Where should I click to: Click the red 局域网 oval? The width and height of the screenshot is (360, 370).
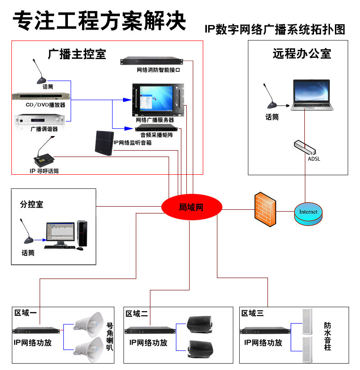pyautogui.click(x=191, y=208)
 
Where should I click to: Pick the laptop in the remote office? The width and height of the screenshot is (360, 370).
pyautogui.click(x=311, y=95)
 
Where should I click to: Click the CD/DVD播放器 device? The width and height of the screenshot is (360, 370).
pyautogui.click(x=41, y=96)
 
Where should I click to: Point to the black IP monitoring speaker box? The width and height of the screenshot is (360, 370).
pyautogui.click(x=103, y=143)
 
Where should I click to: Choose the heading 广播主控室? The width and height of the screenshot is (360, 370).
pyautogui.click(x=77, y=54)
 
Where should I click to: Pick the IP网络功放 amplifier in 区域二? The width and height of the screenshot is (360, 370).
pyautogui.click(x=150, y=330)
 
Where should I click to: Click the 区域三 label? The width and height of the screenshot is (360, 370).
pyautogui.click(x=252, y=313)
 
